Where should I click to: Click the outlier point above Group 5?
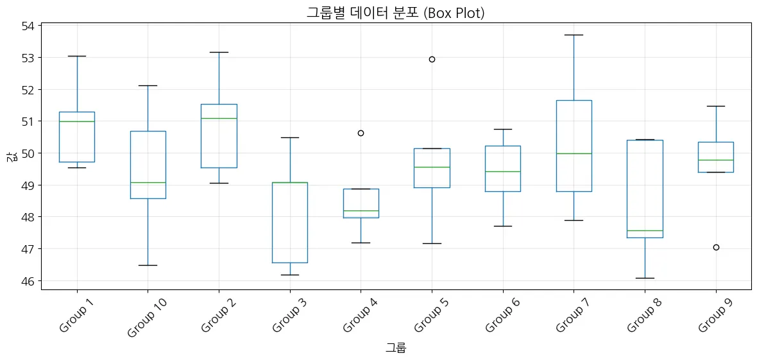432,59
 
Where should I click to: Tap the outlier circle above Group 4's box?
361,133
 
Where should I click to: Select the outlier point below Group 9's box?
716,247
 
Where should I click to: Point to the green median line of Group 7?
574,153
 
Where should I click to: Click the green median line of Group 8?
645,230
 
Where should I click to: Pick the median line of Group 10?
148,182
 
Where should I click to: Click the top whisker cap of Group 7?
574,35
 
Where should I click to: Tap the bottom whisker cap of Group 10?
148,265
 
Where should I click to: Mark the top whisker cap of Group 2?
219,52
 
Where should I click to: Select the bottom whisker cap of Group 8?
645,278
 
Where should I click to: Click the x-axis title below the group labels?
396,348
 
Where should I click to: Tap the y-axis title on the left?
11,155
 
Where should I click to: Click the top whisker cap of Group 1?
77,56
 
